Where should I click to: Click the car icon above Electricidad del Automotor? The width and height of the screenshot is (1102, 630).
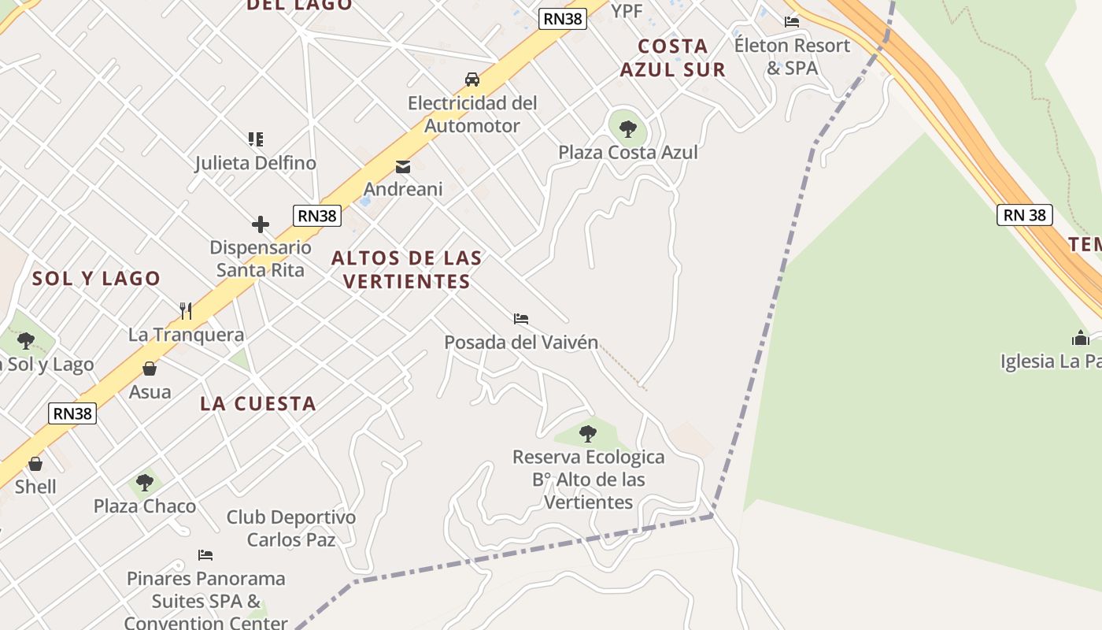tap(472, 80)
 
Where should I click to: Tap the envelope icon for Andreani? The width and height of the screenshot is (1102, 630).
tap(403, 166)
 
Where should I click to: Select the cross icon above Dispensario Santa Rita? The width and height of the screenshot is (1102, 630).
tap(261, 224)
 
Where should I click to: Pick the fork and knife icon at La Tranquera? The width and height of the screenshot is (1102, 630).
tap(186, 311)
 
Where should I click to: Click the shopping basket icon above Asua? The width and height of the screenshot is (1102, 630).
tap(150, 369)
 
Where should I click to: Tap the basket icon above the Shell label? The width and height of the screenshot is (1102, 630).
tap(35, 464)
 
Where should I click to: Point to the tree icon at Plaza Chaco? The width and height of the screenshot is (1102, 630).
tap(144, 482)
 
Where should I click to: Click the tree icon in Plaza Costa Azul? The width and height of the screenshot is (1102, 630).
tap(627, 128)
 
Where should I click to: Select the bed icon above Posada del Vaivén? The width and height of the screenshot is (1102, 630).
tap(521, 319)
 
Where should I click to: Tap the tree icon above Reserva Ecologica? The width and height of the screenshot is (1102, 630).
tap(587, 433)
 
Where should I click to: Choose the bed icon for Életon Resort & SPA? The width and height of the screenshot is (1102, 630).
tap(792, 22)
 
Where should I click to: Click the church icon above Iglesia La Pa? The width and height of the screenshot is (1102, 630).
tap(1080, 338)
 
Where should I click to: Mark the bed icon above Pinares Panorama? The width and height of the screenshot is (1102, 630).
tap(205, 555)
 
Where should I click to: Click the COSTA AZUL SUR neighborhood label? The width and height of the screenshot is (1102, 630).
tap(672, 57)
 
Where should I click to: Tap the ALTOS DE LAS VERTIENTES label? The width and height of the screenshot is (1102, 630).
tap(407, 269)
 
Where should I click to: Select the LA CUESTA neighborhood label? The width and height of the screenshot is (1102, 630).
tap(258, 404)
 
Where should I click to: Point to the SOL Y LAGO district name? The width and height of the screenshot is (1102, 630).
tap(96, 278)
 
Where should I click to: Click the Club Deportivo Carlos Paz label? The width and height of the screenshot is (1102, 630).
tap(291, 528)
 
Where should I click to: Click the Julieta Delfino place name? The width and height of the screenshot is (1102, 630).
tap(256, 163)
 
